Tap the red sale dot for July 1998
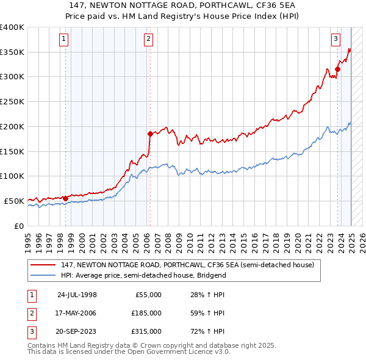[x=65, y=198]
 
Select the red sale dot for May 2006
[x=150, y=133]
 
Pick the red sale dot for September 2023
[x=337, y=68]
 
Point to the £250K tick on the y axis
[x=12, y=101]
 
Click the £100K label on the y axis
[x=12, y=176]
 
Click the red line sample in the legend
[x=43, y=265]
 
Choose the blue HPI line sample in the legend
[x=43, y=275]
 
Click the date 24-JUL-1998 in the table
[x=77, y=295]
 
